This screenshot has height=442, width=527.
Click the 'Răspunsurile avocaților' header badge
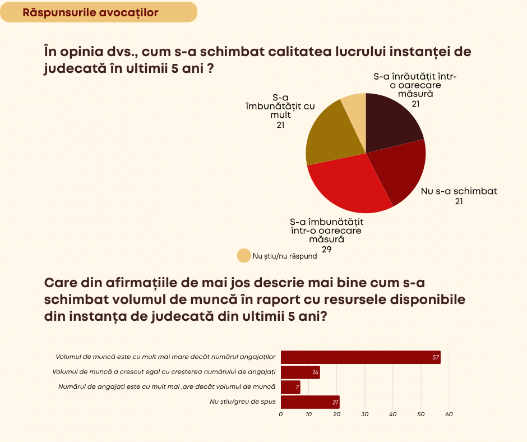pos(98,12)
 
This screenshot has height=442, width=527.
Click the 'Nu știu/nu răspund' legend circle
pos(244,256)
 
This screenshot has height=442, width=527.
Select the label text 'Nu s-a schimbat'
pos(459,191)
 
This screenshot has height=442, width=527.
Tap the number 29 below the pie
pos(327,248)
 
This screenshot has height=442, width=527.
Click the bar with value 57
pos(359,357)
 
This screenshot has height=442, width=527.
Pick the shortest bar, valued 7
pos(289,387)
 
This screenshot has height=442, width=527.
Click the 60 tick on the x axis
pos(449,415)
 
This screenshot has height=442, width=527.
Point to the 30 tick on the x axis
pos(365,415)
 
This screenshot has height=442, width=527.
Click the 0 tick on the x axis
pos(281,415)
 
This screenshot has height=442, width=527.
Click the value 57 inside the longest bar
pos(436,357)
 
